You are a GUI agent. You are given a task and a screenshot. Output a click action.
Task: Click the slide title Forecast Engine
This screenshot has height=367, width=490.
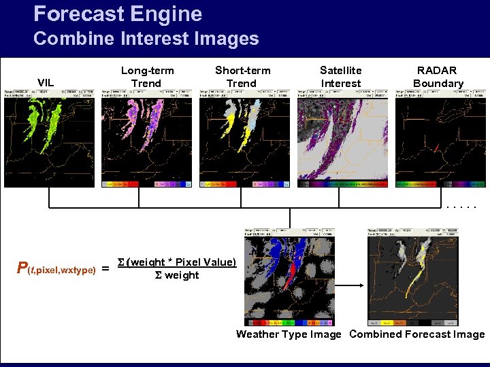coord(118,14)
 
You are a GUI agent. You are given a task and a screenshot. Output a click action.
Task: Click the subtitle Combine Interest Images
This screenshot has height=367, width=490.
coord(146,39)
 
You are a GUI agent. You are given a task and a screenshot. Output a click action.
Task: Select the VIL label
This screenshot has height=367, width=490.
coord(46,83)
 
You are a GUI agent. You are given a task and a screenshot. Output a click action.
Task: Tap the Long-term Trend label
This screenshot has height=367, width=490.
coord(147,77)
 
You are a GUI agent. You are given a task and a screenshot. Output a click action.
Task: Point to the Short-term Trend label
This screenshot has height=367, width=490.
coord(242,77)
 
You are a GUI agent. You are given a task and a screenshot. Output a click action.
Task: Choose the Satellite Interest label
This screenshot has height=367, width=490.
coord(341,77)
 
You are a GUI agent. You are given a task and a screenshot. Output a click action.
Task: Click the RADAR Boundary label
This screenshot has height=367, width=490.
coord(438,77)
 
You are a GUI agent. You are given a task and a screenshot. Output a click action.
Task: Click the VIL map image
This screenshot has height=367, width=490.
coord(50,139)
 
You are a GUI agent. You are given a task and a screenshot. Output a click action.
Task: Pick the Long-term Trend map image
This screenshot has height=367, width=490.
coord(148,139)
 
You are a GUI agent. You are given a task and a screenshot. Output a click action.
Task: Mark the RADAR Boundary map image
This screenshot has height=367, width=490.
coord(441,139)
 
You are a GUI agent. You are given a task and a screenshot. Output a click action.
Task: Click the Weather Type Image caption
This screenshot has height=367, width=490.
coord(289,334)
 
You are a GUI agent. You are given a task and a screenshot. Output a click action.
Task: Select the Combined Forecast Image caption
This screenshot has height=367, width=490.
coord(416,334)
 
